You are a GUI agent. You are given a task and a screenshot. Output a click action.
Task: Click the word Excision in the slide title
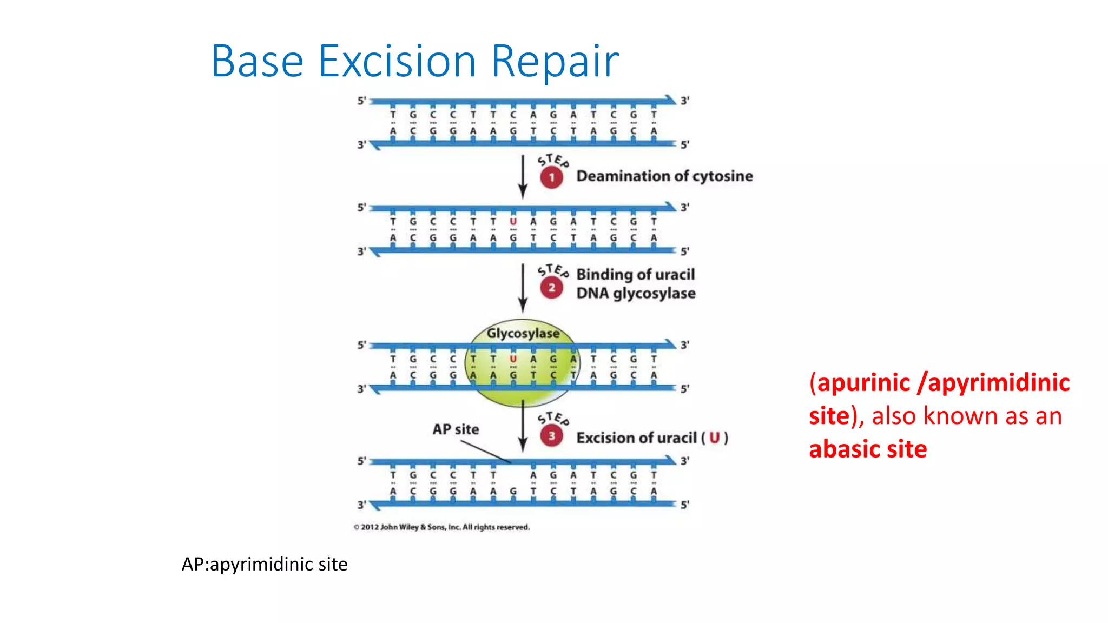coord(397,61)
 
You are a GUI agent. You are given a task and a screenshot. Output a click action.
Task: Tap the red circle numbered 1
coord(551,177)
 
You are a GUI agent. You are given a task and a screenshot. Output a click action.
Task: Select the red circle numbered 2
coord(551,288)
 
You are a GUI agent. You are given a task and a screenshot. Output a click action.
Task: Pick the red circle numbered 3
coord(551,436)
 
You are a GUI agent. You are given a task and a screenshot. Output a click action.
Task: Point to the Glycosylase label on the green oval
coord(523,333)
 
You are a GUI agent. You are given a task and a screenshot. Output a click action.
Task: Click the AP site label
coord(456,429)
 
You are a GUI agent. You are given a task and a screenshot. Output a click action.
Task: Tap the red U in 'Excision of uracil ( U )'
coord(714,438)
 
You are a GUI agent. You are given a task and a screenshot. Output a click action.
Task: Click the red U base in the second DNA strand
coord(513,222)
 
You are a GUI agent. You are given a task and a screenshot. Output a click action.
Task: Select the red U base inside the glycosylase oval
coord(513,359)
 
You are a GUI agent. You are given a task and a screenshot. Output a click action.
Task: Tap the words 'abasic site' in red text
coord(867,449)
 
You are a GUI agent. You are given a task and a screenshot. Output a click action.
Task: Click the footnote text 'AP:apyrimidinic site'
coord(265,564)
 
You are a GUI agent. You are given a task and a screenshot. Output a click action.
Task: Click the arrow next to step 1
coord(523,177)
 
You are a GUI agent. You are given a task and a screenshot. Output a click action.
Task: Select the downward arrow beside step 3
coord(523,427)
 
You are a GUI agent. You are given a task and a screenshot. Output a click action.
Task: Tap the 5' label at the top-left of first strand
coord(361,101)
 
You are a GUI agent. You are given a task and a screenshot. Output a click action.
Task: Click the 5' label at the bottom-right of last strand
coord(684,505)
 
